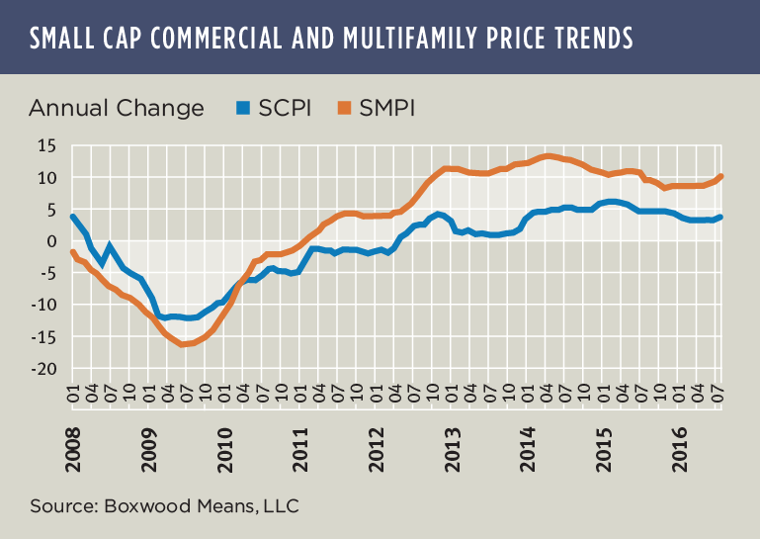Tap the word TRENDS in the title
coord(583,38)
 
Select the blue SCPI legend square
coord(242,108)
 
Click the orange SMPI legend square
coord(345,108)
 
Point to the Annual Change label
coord(117,108)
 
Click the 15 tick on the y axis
coord(46,146)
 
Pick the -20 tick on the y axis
coord(42,369)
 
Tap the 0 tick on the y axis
coord(52,241)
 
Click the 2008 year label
coord(74,436)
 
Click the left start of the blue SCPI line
coord(72,216)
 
